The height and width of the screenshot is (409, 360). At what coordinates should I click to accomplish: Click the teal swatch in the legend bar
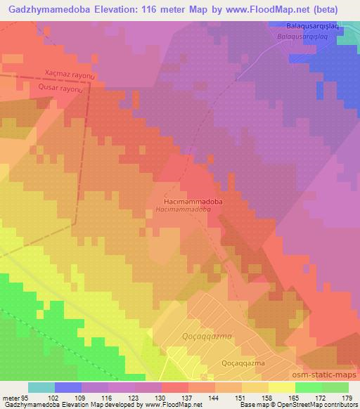click(41, 387)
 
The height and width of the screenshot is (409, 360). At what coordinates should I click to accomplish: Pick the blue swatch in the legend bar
click(68, 387)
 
